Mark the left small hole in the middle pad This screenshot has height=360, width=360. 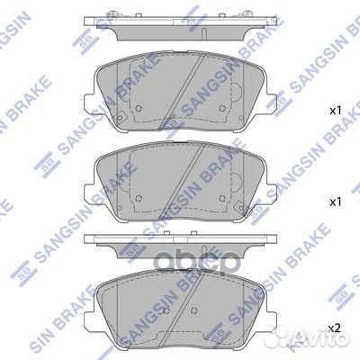click(x=140, y=199)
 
